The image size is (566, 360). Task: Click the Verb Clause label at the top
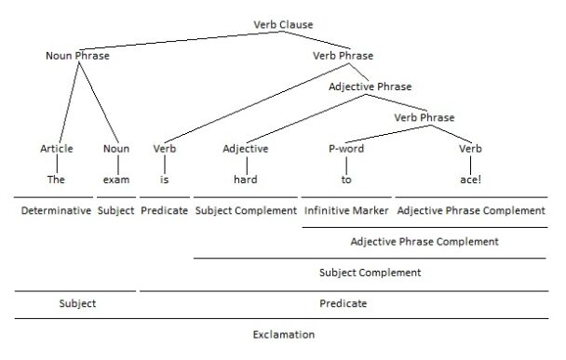pyautogui.click(x=283, y=24)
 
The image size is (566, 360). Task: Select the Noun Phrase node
pyautogui.click(x=77, y=56)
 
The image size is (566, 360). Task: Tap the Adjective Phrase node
pyautogui.click(x=370, y=87)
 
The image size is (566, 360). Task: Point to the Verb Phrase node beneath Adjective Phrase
pyautogui.click(x=424, y=117)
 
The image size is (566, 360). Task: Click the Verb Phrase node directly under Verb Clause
pyautogui.click(x=344, y=56)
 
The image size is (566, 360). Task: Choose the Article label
pyautogui.click(x=56, y=149)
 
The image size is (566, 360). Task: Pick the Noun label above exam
pyautogui.click(x=116, y=149)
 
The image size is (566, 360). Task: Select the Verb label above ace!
pyautogui.click(x=471, y=149)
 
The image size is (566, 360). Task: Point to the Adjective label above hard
pyautogui.click(x=246, y=149)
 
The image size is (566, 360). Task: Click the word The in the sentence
pyautogui.click(x=56, y=179)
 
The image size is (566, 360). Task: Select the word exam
pyautogui.click(x=116, y=179)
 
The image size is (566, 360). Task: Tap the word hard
pyautogui.click(x=245, y=179)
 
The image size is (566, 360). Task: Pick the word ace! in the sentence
pyautogui.click(x=471, y=179)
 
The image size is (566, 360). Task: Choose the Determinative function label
pyautogui.click(x=56, y=211)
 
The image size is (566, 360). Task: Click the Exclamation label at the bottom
pyautogui.click(x=283, y=334)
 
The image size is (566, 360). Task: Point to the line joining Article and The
pyautogui.click(x=56, y=164)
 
